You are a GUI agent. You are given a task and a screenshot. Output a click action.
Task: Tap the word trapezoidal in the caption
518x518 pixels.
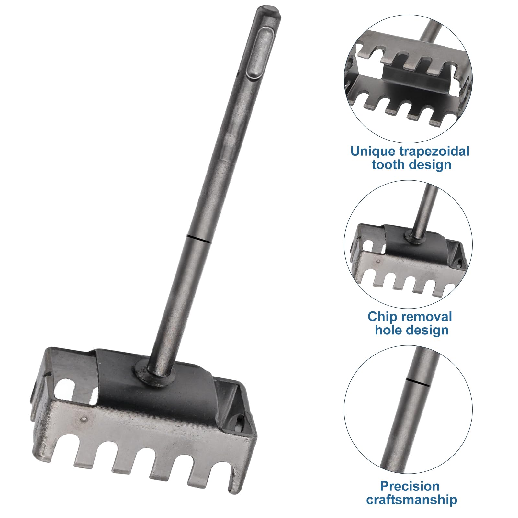[434, 152]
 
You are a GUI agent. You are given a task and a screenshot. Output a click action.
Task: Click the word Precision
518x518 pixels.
[410, 486]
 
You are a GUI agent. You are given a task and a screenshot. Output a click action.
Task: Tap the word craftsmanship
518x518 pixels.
[412, 500]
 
